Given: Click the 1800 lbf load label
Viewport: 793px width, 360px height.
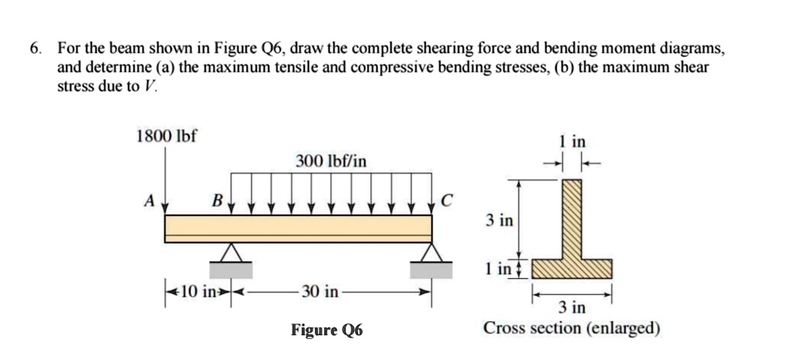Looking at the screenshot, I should tap(166, 136).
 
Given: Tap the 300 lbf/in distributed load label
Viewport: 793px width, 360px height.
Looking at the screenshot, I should tap(331, 161).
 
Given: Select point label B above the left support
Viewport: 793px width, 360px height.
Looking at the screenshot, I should tap(218, 201).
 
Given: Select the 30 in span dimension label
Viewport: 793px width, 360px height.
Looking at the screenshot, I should tap(320, 292).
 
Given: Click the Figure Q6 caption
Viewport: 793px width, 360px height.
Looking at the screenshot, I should tap(326, 331).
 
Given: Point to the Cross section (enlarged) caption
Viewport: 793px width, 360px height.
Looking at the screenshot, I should tap(572, 328).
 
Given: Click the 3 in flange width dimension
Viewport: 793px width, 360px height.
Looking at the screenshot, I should tap(572, 308).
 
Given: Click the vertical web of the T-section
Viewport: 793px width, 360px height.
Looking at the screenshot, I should tap(572, 221).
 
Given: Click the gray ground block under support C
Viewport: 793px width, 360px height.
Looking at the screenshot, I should tap(431, 269).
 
